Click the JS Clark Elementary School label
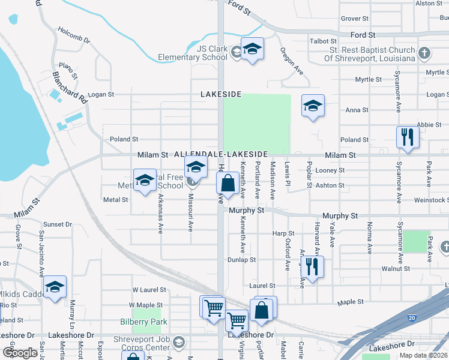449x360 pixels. [x=193, y=53]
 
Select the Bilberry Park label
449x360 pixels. [x=152, y=322]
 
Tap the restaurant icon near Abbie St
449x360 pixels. [x=408, y=137]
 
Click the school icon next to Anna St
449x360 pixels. [x=313, y=106]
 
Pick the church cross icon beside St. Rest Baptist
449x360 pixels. [x=424, y=52]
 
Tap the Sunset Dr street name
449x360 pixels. [x=57, y=224]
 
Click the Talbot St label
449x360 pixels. [x=324, y=41]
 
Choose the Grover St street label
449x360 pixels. [x=354, y=19]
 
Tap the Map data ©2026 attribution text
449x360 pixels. [x=424, y=355]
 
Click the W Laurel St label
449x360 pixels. [x=148, y=289]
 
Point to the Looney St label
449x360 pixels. [x=330, y=170]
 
